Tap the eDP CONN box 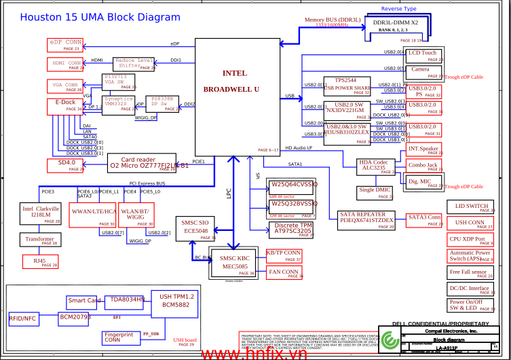[64, 45]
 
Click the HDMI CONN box [66, 65]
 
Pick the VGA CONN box [64, 86]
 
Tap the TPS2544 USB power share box [347, 85]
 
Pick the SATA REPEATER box [366, 219]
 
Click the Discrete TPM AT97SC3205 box [292, 229]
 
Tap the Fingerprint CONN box [120, 338]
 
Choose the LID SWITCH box [470, 207]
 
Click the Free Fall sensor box [470, 272]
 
